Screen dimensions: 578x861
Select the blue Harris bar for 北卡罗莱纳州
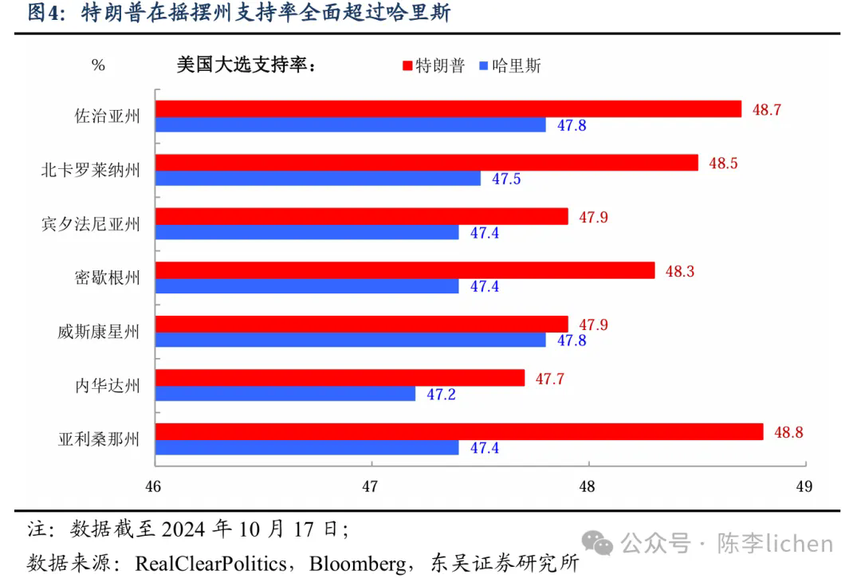point(318,179)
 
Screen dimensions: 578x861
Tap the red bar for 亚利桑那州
point(458,432)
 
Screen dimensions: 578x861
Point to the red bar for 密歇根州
point(405,271)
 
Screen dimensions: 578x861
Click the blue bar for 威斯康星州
point(351,340)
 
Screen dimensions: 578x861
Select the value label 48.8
point(788,433)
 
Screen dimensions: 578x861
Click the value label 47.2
point(441,394)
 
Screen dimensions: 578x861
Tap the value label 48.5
point(723,163)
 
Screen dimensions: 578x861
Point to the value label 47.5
point(506,179)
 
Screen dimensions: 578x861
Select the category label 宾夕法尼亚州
point(90,225)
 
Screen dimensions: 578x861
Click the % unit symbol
point(98,65)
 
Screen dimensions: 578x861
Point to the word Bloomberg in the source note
point(358,564)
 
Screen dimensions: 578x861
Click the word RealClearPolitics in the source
point(210,564)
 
